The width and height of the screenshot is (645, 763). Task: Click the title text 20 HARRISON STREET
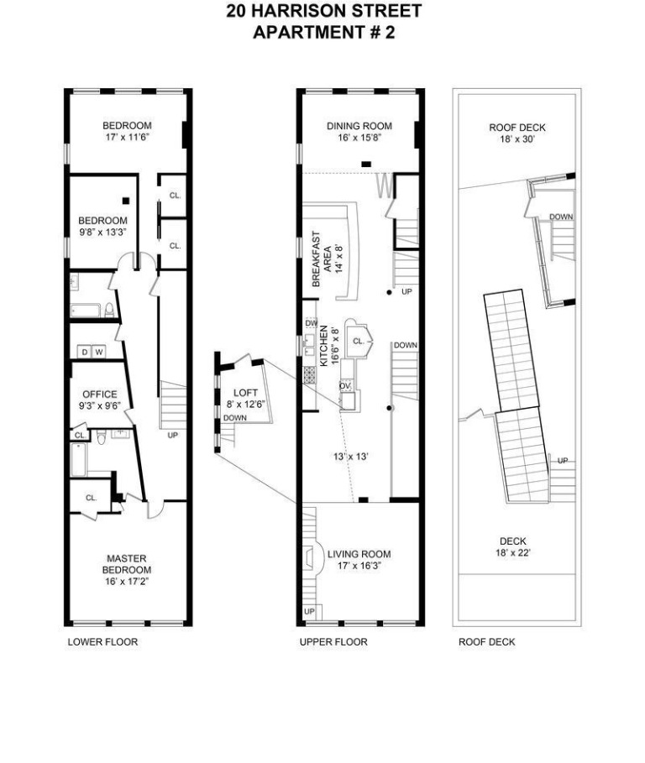(323, 12)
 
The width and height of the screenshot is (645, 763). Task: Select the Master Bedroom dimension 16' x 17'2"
(127, 581)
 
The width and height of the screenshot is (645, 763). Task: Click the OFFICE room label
(99, 395)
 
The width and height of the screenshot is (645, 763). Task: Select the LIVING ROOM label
(359, 554)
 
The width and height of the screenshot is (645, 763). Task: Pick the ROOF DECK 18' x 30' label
(517, 128)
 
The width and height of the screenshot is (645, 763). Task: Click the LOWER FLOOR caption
(102, 642)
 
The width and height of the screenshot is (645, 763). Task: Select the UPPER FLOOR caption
(333, 642)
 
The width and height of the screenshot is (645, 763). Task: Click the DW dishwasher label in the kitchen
(311, 323)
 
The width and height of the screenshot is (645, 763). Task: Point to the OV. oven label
(344, 385)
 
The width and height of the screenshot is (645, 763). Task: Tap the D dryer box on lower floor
(84, 352)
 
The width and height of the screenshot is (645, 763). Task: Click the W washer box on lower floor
(99, 352)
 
